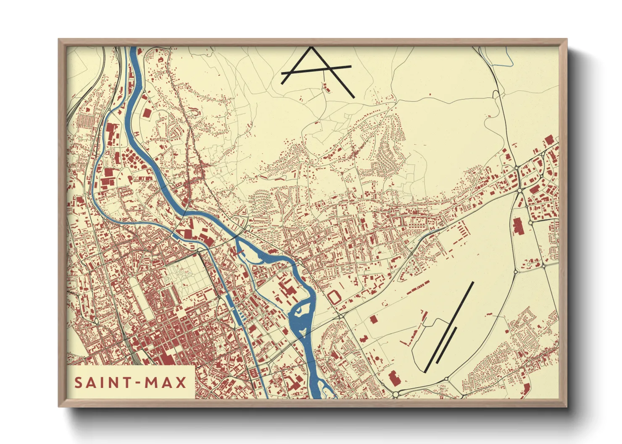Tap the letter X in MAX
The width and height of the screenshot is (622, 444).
click(x=181, y=383)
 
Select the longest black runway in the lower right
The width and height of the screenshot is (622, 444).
click(x=450, y=326)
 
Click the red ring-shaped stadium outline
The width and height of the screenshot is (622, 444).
click(x=335, y=297)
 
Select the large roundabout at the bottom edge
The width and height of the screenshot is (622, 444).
click(x=395, y=394)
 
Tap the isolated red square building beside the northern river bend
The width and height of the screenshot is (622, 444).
click(x=147, y=113)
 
